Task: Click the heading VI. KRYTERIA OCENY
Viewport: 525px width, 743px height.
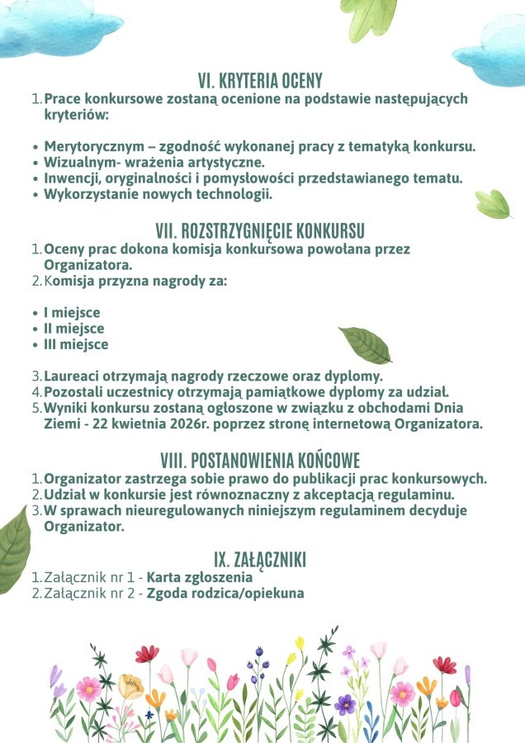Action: [260, 81]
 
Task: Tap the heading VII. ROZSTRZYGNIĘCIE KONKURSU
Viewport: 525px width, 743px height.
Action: [260, 230]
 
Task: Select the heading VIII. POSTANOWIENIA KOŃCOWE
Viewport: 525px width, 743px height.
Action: [260, 461]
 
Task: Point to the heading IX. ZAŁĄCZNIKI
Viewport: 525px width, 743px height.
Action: [260, 561]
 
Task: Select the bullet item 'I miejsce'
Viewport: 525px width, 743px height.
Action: [72, 313]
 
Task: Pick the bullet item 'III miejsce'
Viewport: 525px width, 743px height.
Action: [76, 344]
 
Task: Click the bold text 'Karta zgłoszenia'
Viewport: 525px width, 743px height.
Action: [200, 578]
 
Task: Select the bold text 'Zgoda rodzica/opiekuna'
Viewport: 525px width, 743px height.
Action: [225, 594]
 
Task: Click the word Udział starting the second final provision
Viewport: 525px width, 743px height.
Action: [65, 495]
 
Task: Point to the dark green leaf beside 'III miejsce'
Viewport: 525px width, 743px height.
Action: [364, 345]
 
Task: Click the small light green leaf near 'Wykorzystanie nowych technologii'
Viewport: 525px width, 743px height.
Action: [494, 203]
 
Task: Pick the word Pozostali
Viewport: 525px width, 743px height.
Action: [75, 391]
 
